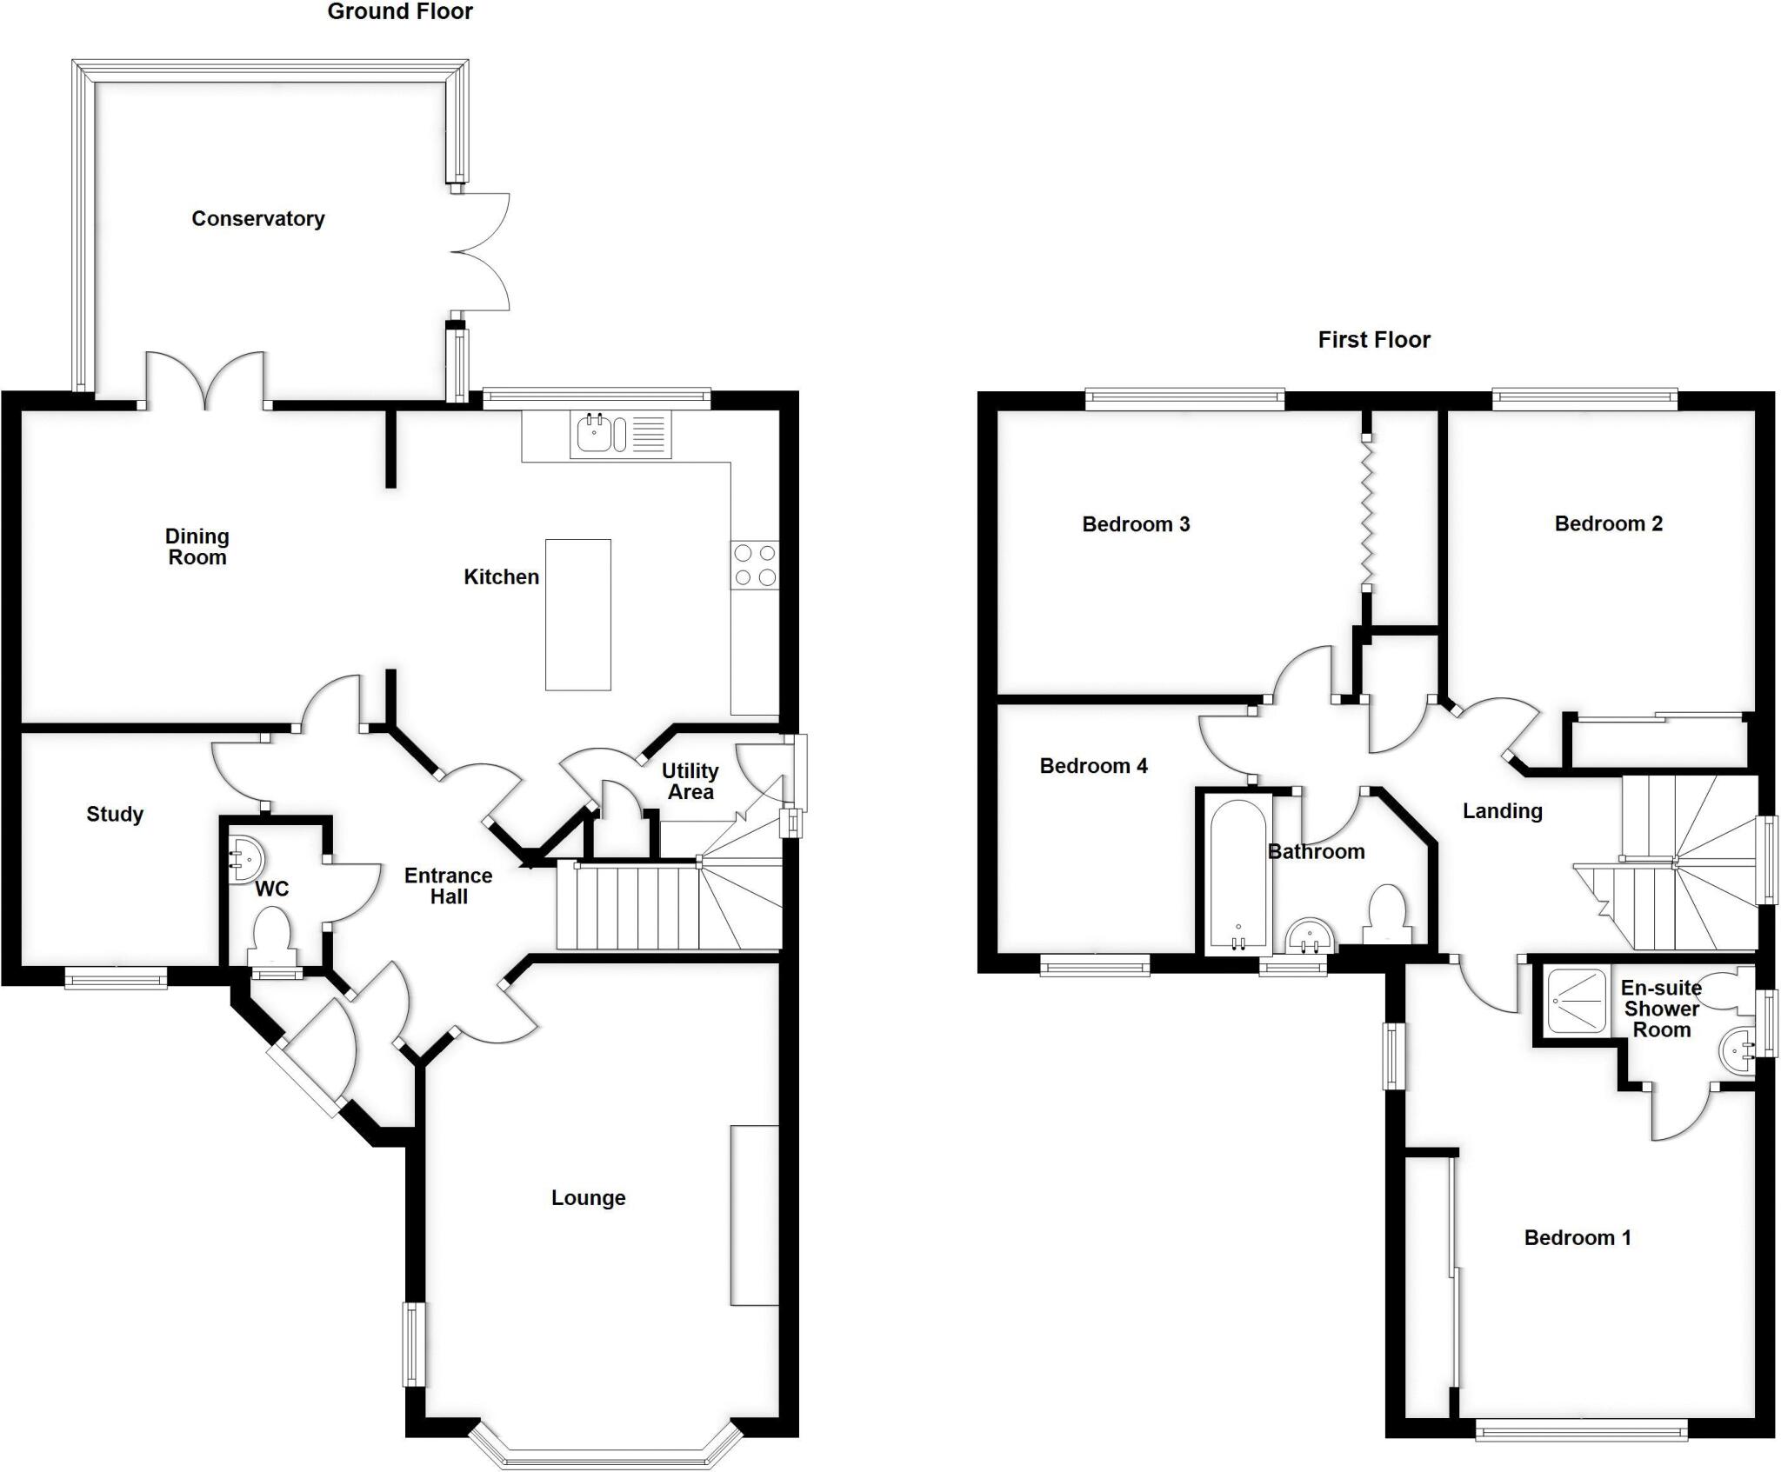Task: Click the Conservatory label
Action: pos(258,218)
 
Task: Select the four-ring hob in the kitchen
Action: pos(755,565)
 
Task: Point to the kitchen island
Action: pos(577,614)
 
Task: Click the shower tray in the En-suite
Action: pos(1575,1002)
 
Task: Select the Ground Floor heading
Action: pos(400,11)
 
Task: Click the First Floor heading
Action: pos(1374,339)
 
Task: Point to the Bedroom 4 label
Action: pos(1093,766)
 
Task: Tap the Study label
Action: pos(115,815)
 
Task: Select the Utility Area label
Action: pos(690,781)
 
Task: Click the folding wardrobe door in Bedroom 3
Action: pos(1367,513)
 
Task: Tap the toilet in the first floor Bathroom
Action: pos(1387,913)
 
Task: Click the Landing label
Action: pos(1502,811)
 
